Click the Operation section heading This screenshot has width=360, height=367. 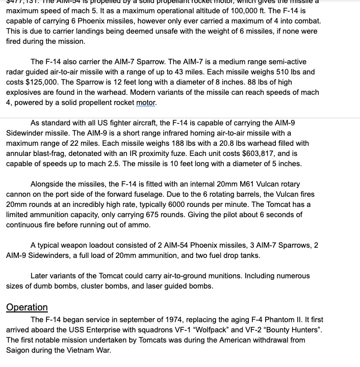27,307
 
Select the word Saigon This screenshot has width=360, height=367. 20,350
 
